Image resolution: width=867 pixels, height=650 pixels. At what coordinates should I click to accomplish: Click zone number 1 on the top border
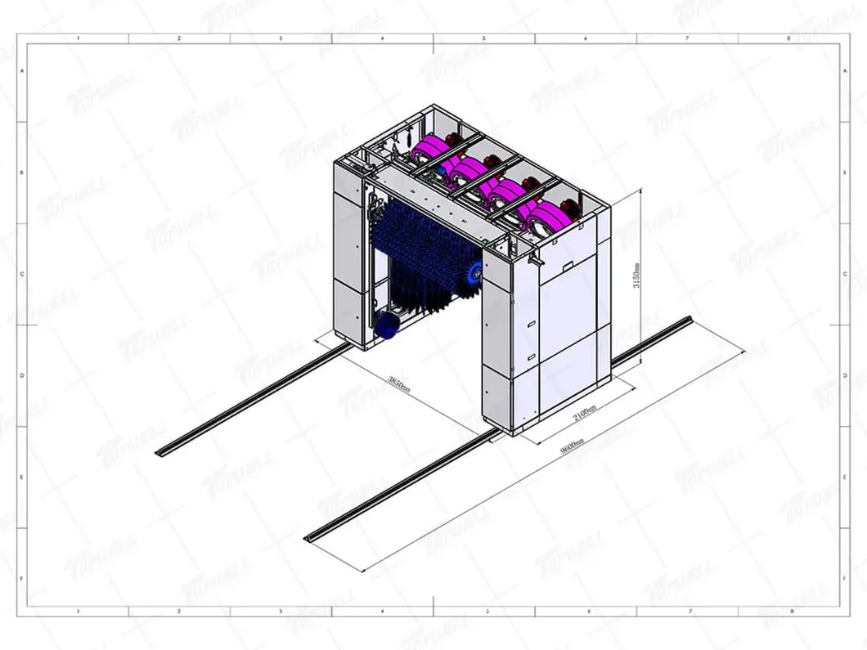(78, 38)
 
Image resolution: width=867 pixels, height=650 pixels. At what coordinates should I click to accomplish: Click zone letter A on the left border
(21, 72)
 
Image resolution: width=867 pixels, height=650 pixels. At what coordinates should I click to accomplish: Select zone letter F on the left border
(21, 577)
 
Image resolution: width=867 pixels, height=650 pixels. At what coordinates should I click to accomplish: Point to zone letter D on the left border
(21, 375)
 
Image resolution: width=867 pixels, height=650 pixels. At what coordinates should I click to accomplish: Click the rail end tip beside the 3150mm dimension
(690, 320)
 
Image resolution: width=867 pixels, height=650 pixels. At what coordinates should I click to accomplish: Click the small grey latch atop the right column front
(535, 261)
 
